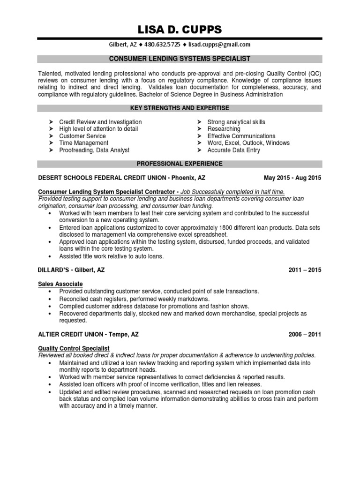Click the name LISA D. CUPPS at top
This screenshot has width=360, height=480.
point(180,30)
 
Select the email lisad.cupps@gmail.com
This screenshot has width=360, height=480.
point(220,45)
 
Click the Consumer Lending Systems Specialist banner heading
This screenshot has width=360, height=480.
point(180,59)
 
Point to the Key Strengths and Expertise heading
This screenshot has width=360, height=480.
point(180,108)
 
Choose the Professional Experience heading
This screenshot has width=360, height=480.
point(180,164)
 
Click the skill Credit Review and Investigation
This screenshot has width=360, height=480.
point(100,122)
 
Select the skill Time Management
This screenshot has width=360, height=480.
point(83,143)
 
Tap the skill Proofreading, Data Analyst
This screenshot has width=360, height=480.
point(94,150)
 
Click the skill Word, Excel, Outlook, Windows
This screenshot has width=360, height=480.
point(248,143)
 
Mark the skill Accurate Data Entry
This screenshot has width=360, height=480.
point(233,150)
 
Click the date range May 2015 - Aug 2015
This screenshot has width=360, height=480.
point(293,178)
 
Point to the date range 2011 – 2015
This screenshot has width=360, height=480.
point(305,270)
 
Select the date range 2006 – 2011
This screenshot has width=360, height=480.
point(305,335)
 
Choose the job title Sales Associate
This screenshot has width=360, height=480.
point(60,284)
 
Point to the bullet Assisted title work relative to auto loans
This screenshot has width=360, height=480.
point(112,256)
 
